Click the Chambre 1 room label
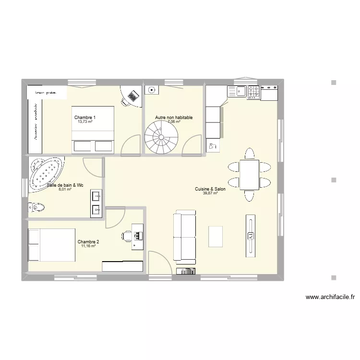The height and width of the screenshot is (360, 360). pyautogui.click(x=85, y=118)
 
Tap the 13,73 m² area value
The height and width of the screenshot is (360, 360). pyautogui.click(x=85, y=122)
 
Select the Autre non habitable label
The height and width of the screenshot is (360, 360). pyautogui.click(x=174, y=118)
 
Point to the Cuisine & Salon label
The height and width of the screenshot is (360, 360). pyautogui.click(x=210, y=189)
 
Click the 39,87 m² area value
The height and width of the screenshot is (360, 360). pyautogui.click(x=210, y=193)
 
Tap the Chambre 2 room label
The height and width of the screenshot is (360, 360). pyautogui.click(x=88, y=241)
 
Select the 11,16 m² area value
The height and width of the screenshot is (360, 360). pyautogui.click(x=88, y=246)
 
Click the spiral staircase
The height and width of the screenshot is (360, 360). pyautogui.click(x=161, y=137)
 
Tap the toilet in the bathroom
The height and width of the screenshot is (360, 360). pyautogui.click(x=36, y=207)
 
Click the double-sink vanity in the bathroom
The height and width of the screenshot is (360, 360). pyautogui.click(x=96, y=203)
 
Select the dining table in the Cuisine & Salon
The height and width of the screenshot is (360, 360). pyautogui.click(x=249, y=175)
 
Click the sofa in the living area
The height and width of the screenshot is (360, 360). pyautogui.click(x=185, y=237)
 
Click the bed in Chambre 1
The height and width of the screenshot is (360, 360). pyautogui.click(x=93, y=130)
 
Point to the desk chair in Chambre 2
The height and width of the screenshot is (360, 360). pyautogui.click(x=128, y=235)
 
